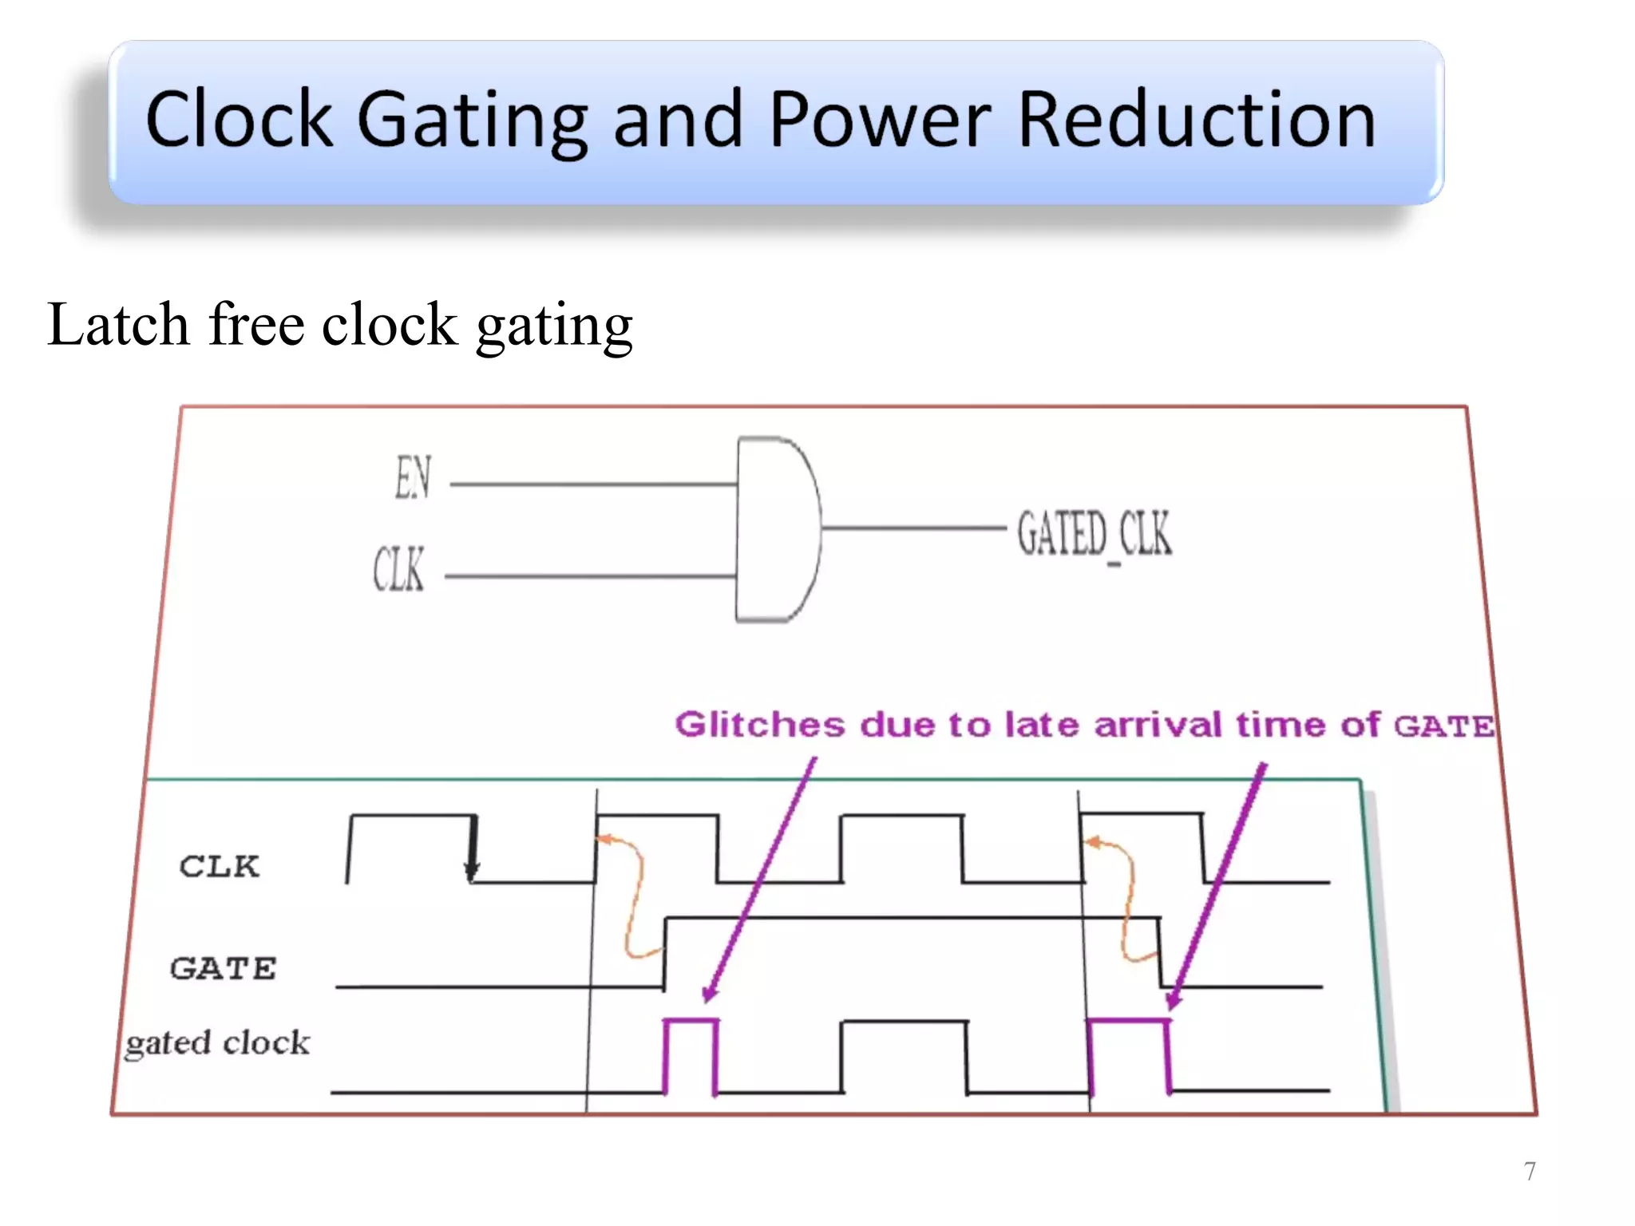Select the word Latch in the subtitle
pyautogui.click(x=118, y=325)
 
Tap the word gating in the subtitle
pyautogui.click(x=554, y=327)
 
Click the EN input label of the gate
pyautogui.click(x=413, y=477)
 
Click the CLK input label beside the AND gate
pyautogui.click(x=398, y=569)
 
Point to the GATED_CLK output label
pyautogui.click(x=1094, y=533)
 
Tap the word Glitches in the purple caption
pyautogui.click(x=759, y=725)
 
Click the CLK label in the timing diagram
pyautogui.click(x=220, y=866)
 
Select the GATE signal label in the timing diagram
pyautogui.click(x=224, y=968)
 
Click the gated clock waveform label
pyautogui.click(x=217, y=1042)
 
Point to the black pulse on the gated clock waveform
pyautogui.click(x=904, y=1054)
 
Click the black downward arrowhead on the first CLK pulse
pyautogui.click(x=472, y=870)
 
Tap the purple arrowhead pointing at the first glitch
pyautogui.click(x=710, y=992)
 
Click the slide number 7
pyautogui.click(x=1530, y=1171)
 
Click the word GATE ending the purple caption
pyautogui.click(x=1443, y=726)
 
